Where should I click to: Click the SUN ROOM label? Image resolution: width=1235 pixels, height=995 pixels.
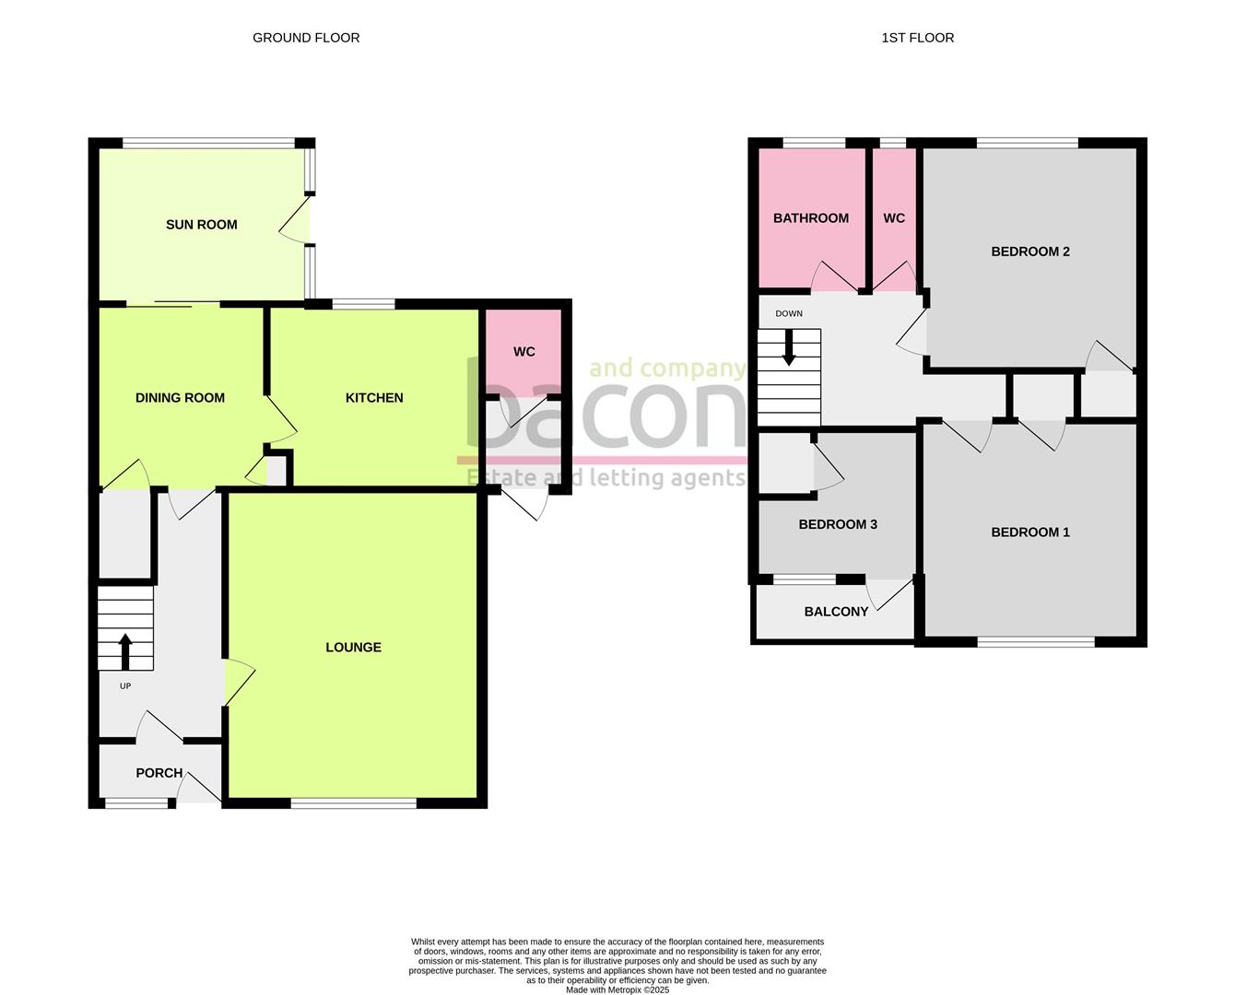pyautogui.click(x=201, y=225)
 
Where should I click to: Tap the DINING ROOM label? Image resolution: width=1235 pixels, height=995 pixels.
pyautogui.click(x=180, y=398)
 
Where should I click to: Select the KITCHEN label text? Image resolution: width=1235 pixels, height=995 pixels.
pyautogui.click(x=374, y=398)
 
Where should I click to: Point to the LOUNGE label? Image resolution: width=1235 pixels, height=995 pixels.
pyautogui.click(x=353, y=648)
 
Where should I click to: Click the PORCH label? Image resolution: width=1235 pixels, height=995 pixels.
pyautogui.click(x=159, y=773)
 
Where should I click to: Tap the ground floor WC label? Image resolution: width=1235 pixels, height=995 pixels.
pyautogui.click(x=523, y=352)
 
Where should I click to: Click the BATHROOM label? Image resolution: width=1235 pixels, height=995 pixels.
pyautogui.click(x=810, y=218)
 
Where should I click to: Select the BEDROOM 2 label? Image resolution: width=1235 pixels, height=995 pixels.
pyautogui.click(x=1029, y=252)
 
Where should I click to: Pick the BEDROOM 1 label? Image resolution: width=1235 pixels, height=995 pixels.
pyautogui.click(x=1029, y=533)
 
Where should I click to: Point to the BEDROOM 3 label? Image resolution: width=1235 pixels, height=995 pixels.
pyautogui.click(x=837, y=524)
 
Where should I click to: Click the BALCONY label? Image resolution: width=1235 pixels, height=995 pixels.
pyautogui.click(x=836, y=612)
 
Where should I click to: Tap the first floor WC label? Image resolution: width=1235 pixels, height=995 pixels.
pyautogui.click(x=893, y=218)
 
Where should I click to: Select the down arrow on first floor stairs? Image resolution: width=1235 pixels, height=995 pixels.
pyautogui.click(x=789, y=348)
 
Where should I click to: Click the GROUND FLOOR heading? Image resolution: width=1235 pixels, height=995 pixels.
pyautogui.click(x=306, y=38)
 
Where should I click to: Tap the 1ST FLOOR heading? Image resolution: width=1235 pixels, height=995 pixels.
pyautogui.click(x=917, y=38)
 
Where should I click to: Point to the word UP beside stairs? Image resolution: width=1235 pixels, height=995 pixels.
pyautogui.click(x=125, y=686)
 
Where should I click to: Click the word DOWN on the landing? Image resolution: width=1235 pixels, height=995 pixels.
pyautogui.click(x=789, y=314)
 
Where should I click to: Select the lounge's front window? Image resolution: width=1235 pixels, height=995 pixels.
pyautogui.click(x=353, y=803)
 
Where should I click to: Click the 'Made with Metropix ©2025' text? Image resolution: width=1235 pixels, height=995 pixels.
pyautogui.click(x=617, y=990)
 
